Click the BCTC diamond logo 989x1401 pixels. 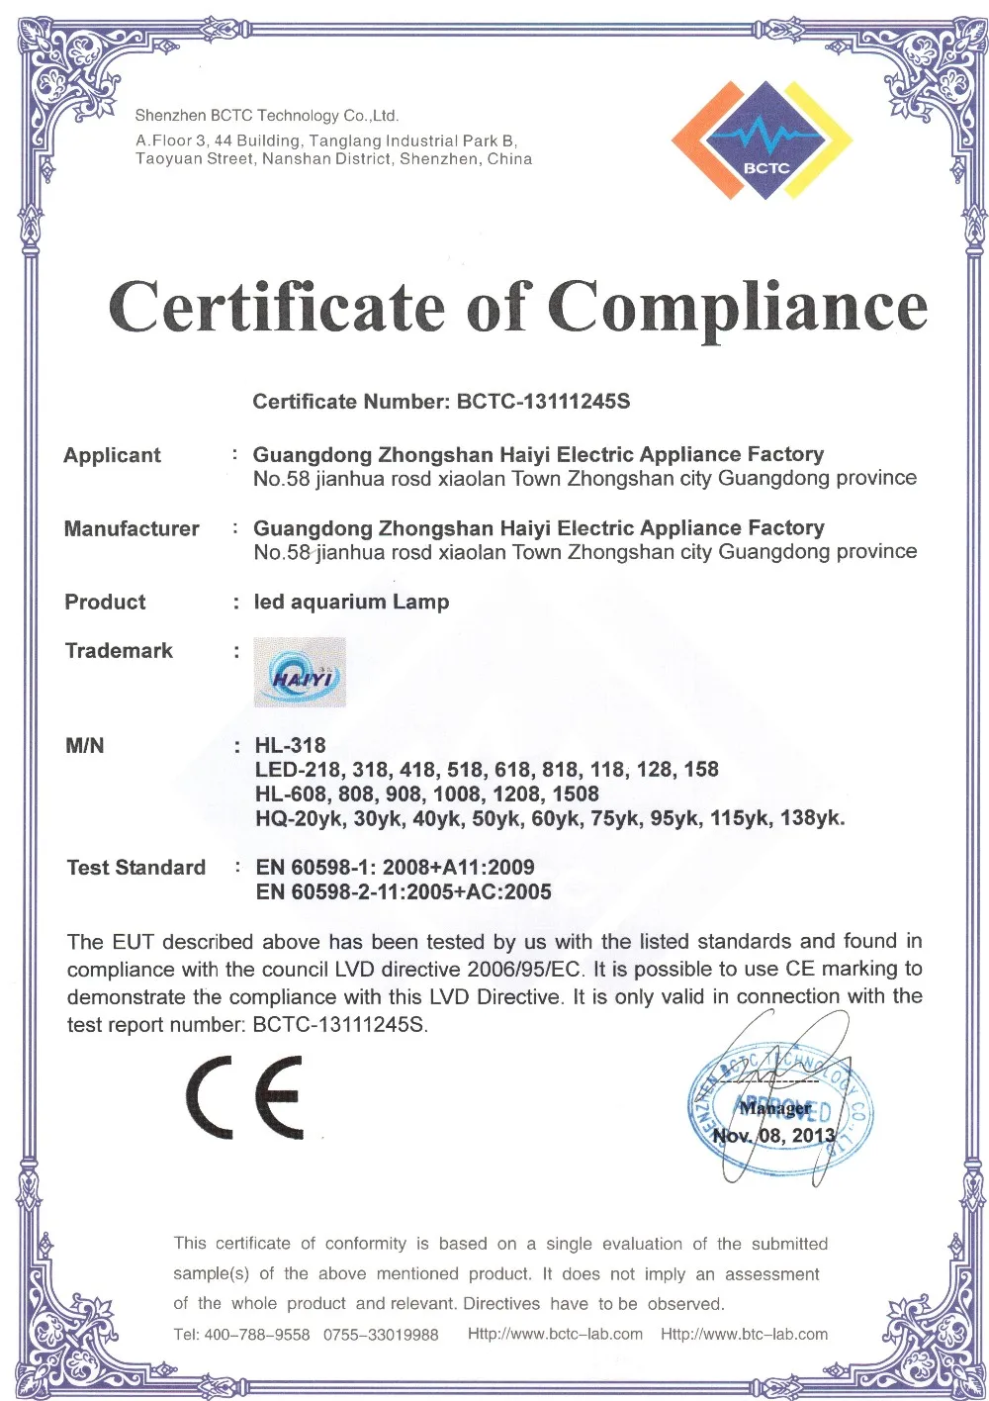point(762,140)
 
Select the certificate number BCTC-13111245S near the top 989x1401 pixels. point(543,402)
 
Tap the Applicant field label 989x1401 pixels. point(112,455)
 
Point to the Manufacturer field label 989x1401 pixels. point(132,528)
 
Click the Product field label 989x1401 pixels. point(105,602)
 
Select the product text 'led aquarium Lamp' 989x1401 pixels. point(351,602)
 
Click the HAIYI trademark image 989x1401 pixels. point(300,673)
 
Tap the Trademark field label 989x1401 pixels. point(119,650)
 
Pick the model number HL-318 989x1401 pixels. point(290,745)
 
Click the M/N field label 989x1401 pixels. point(84,745)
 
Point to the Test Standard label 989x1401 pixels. point(136,868)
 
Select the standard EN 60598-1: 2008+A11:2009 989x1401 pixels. point(395,868)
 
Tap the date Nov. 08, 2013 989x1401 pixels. point(774,1135)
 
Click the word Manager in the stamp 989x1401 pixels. point(775,1108)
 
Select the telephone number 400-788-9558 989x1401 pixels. point(256,1335)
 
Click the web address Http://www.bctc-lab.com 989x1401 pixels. point(555,1334)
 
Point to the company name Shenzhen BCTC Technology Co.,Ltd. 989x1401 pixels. point(267,116)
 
